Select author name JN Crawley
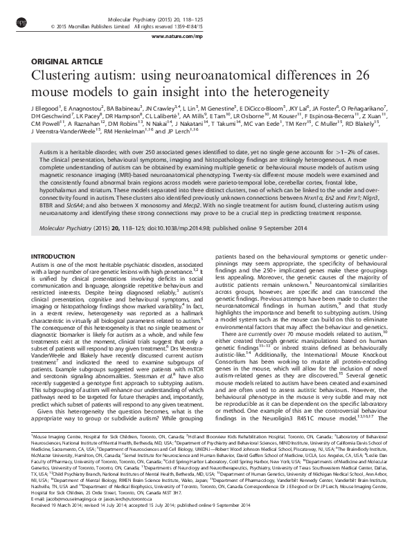tap(159, 109)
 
